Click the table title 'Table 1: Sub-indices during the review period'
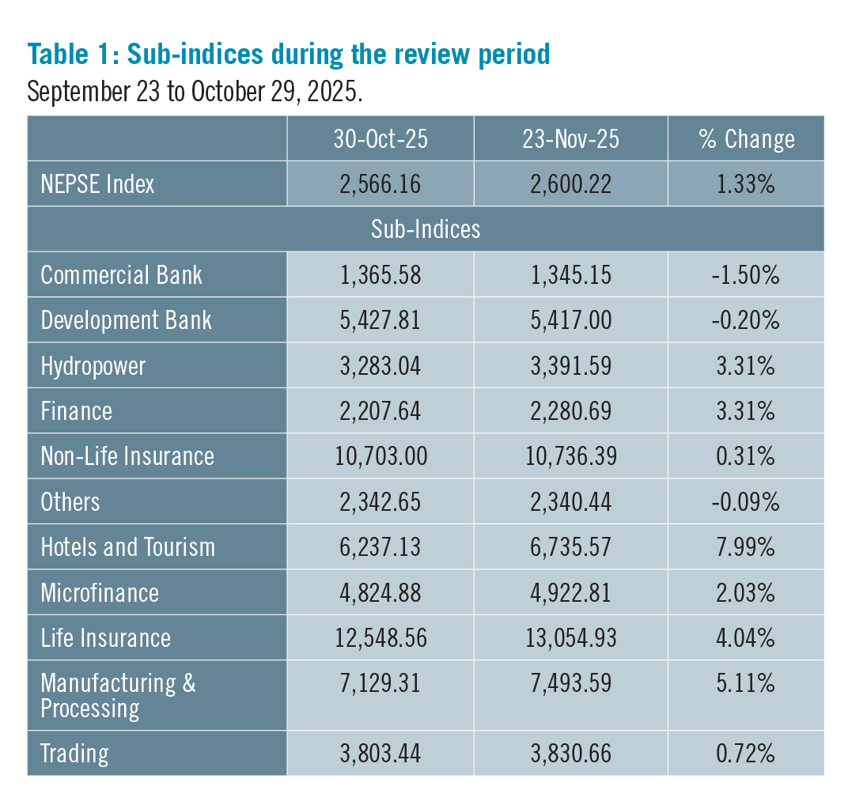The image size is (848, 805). pos(289,55)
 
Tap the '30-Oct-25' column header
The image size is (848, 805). pos(380,139)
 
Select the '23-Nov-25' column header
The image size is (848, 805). pos(570,139)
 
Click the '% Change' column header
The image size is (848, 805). pos(746,139)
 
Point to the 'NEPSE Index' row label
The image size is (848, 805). pos(97,184)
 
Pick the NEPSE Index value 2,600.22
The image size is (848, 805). pos(570,184)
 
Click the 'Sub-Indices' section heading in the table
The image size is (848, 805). pos(426,229)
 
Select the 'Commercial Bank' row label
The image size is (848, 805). pos(121,275)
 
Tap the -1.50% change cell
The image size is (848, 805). pos(746,275)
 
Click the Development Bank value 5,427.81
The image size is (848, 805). pos(380,320)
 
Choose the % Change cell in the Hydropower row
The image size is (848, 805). pos(746,366)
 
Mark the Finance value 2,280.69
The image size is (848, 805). pos(570,411)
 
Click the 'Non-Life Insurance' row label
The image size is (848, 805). pos(127,456)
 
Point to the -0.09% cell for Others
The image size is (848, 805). pos(746,502)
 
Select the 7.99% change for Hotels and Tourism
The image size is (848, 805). pos(746,547)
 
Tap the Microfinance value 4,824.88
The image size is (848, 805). pos(380,593)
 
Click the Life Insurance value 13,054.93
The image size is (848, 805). pos(570,638)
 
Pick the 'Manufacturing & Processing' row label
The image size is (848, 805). pos(118,695)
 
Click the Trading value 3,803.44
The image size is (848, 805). pos(380,753)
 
